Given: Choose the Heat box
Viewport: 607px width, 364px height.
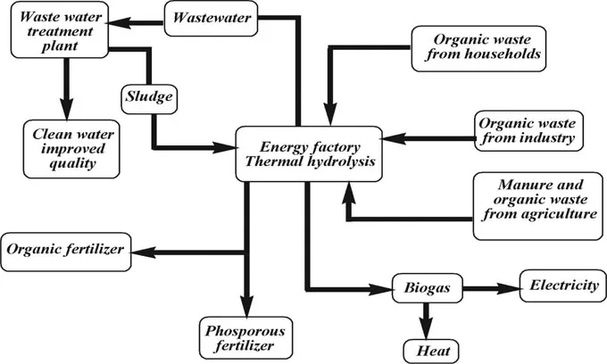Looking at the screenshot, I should tap(432, 349).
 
